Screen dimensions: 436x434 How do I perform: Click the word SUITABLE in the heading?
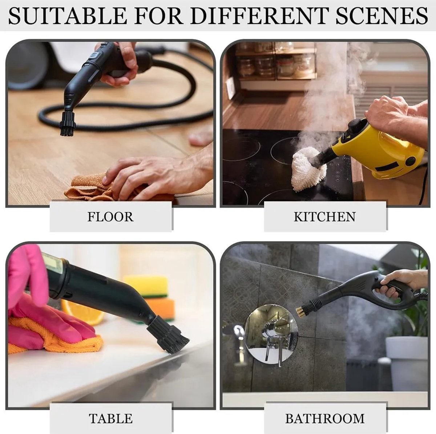pos(68,16)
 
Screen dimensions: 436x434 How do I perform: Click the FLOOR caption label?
pos(110,217)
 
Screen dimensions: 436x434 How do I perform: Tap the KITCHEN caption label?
pos(325,217)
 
